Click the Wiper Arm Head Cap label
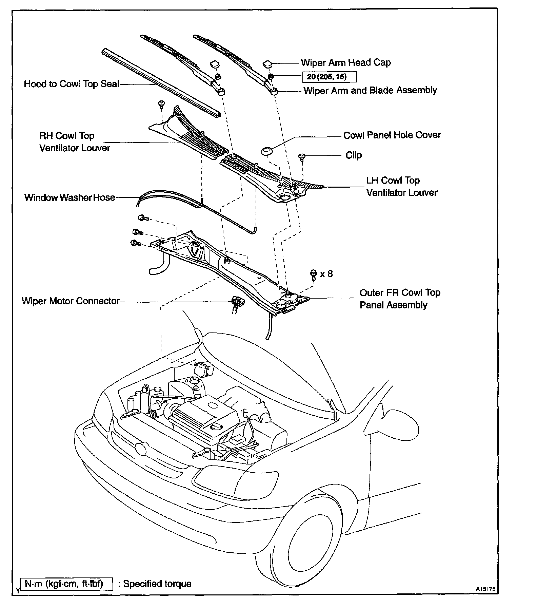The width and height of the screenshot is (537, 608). [x=345, y=63]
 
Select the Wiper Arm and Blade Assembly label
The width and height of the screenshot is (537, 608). [x=370, y=91]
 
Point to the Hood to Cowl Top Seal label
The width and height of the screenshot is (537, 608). [x=72, y=84]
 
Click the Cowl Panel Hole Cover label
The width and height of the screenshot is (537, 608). [x=392, y=135]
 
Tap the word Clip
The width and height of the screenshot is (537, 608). [x=354, y=155]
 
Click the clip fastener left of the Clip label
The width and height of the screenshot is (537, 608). [x=301, y=157]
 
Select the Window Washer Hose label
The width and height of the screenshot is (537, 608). [x=70, y=197]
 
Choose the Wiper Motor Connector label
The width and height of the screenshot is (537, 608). [x=71, y=301]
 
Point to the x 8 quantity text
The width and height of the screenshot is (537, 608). [x=326, y=273]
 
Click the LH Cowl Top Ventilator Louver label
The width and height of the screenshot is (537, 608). [x=401, y=187]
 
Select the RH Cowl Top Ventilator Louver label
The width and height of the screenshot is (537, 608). [x=75, y=142]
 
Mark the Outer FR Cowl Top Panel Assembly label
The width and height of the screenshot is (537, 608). [x=400, y=299]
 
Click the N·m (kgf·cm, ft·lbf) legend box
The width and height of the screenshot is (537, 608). [x=66, y=584]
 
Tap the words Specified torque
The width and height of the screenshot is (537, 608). [x=157, y=584]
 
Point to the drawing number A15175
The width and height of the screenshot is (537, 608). [x=485, y=589]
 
